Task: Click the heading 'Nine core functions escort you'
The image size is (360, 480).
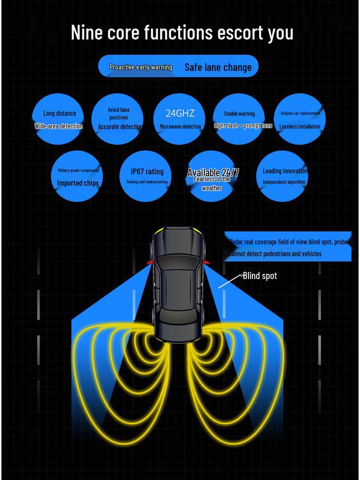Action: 182,32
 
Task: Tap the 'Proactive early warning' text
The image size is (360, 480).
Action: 140,67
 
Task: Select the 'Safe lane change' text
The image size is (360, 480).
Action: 218,67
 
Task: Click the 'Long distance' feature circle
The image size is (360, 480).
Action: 59,119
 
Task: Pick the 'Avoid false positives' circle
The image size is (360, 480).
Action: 118,119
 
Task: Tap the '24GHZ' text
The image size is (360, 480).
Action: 180,113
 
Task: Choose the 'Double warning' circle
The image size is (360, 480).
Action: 240,119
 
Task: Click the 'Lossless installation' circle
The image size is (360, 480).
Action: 300,119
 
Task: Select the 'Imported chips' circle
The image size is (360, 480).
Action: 78,176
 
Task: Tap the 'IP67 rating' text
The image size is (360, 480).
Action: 147,171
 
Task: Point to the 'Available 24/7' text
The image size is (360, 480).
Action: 213,172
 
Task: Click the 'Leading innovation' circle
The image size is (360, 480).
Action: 284,176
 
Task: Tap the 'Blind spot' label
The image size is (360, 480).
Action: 260,276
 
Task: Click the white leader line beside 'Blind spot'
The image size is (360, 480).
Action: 230,281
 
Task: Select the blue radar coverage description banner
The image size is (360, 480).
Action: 288,247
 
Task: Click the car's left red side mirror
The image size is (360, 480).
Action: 150,262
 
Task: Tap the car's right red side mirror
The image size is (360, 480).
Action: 206,262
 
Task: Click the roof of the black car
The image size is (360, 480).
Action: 178,286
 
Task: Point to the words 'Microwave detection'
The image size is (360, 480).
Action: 180,127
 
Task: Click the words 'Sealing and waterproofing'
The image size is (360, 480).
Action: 147,182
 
